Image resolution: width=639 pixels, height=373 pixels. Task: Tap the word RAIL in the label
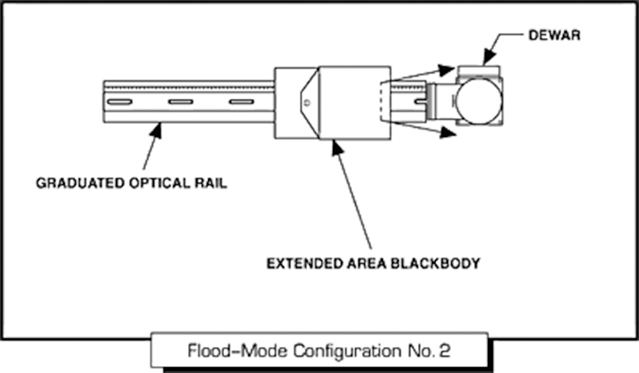[214, 183]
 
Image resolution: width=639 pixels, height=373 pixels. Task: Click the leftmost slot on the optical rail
[119, 102]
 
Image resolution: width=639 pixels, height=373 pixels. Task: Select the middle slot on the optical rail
[181, 102]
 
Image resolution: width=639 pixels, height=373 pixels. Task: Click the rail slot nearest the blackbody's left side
[241, 102]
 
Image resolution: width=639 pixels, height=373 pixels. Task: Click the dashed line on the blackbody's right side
[381, 101]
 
